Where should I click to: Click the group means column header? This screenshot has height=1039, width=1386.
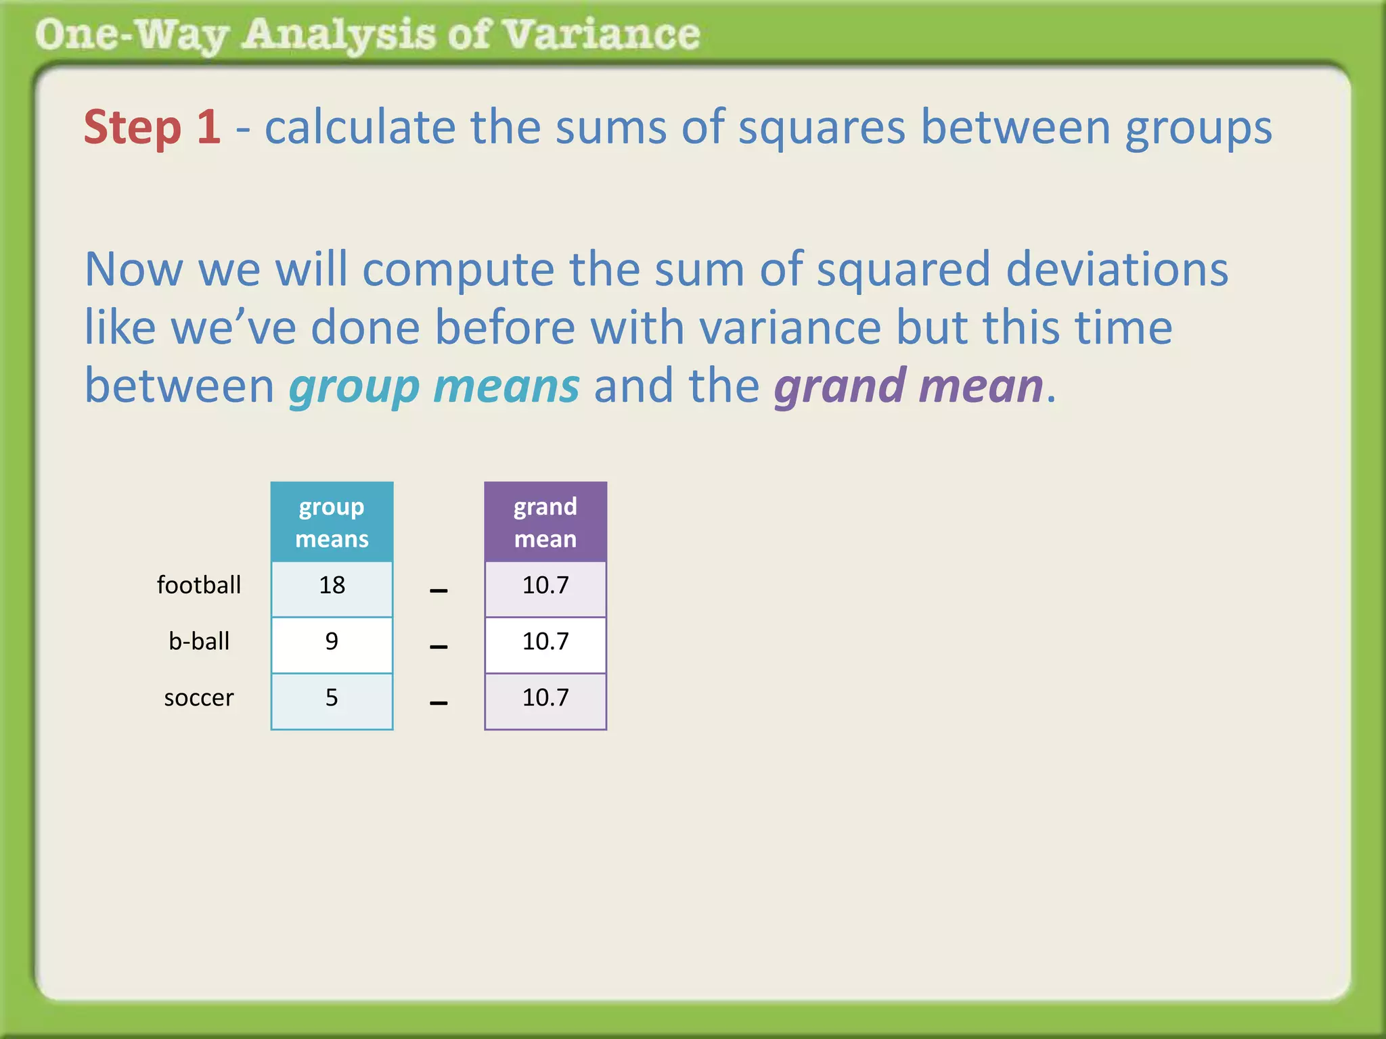tap(332, 522)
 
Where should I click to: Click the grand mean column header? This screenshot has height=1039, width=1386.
tap(545, 522)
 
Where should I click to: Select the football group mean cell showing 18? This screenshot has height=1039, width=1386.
tap(332, 586)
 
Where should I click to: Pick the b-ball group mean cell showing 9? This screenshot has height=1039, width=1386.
tap(332, 642)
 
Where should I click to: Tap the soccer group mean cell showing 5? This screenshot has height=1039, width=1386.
tap(332, 698)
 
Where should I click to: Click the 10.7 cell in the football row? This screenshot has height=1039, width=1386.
tap(545, 586)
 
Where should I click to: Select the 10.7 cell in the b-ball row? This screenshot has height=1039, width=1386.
tap(545, 642)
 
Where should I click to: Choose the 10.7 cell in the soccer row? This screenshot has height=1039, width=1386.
tap(545, 698)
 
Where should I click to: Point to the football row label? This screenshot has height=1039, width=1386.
tap(199, 586)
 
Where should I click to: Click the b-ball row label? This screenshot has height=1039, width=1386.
tap(199, 642)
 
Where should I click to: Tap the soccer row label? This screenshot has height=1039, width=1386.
tap(199, 698)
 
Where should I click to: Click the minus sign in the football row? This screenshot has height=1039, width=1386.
tap(439, 591)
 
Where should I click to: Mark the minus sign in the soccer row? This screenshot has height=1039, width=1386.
tap(439, 703)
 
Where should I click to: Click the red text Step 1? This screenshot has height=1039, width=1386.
tap(152, 127)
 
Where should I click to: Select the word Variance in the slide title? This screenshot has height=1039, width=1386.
tap(602, 34)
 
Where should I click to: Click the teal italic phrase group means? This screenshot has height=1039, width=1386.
tap(434, 387)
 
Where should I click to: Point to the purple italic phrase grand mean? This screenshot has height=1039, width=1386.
tap(908, 387)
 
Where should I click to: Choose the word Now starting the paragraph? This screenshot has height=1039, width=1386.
tap(134, 269)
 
